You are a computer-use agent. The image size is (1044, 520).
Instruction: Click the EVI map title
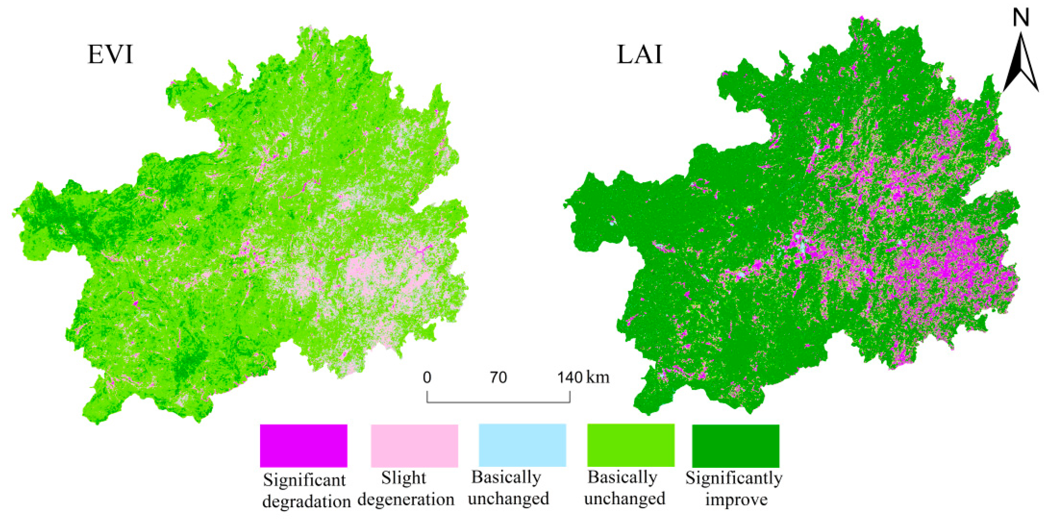click(110, 55)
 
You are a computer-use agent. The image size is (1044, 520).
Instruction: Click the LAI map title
click(639, 55)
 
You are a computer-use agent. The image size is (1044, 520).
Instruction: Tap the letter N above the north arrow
click(1021, 18)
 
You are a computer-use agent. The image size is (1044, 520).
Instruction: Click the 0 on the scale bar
click(427, 378)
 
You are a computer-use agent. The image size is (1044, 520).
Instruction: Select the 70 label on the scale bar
click(498, 378)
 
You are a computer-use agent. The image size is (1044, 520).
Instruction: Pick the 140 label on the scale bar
click(570, 378)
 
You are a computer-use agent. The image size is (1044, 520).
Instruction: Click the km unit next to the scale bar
click(598, 378)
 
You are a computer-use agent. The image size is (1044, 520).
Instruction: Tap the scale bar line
click(498, 402)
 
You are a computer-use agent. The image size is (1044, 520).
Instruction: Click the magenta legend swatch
click(303, 445)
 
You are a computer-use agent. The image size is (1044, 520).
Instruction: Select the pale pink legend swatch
click(414, 445)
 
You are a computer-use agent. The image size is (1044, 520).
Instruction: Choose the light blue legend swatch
click(522, 445)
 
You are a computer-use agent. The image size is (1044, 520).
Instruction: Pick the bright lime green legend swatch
click(631, 445)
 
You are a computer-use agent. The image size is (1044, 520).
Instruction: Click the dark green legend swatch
click(736, 445)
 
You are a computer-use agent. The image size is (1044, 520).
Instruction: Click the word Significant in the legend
click(304, 481)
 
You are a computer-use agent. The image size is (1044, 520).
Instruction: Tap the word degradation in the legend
click(306, 502)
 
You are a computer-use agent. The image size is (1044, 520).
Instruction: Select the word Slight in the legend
click(403, 478)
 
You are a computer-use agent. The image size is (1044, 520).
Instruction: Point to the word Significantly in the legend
click(734, 478)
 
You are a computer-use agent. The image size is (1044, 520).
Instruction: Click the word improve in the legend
click(736, 499)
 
